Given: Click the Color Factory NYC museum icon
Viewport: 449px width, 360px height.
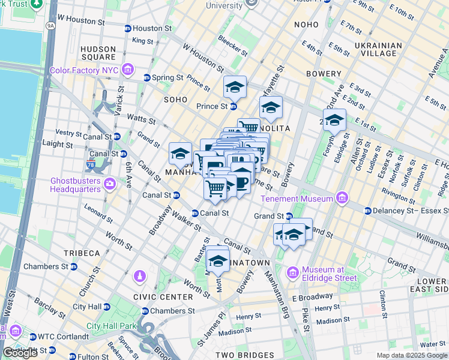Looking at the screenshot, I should click(x=127, y=70).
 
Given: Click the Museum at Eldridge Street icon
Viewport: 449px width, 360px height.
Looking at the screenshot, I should click(x=293, y=273).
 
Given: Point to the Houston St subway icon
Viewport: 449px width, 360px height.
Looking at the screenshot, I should click(x=127, y=28).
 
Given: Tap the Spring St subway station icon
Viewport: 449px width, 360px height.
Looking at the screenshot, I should click(x=146, y=77).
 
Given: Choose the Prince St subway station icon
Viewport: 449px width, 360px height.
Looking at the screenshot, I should click(x=233, y=106).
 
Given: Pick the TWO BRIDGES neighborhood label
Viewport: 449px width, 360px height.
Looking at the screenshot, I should click(x=241, y=355).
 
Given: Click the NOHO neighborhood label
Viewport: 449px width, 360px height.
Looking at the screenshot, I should click(x=310, y=25).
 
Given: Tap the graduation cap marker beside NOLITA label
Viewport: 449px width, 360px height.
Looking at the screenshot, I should click(x=271, y=109).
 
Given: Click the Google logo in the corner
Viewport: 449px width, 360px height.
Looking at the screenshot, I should click(x=20, y=353).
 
